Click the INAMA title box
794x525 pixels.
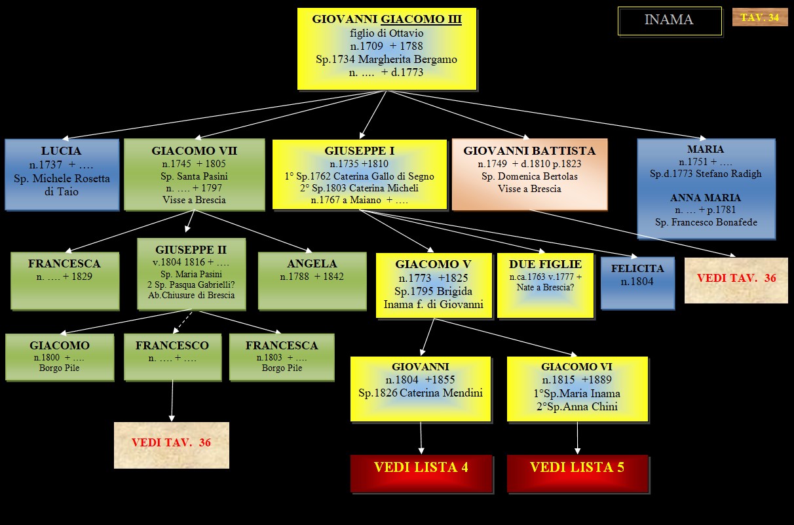[669, 20]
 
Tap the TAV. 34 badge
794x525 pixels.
[759, 18]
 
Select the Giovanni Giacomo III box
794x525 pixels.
[387, 49]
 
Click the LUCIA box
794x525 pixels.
[62, 174]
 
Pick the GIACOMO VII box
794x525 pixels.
[195, 174]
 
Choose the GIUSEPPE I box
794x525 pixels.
[360, 174]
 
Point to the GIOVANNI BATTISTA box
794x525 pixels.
[529, 174]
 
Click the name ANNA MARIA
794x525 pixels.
[706, 197]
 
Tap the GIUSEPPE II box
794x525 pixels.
[191, 273]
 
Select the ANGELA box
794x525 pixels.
[312, 281]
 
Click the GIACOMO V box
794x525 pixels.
[434, 285]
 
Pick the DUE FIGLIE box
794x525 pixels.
[545, 285]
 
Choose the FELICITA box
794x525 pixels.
[637, 282]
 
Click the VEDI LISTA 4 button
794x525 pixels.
[421, 473]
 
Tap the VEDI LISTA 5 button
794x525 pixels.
[577, 473]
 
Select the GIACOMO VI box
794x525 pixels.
[577, 389]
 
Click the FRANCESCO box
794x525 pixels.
[172, 357]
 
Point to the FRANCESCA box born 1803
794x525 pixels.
[282, 357]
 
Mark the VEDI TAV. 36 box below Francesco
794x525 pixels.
[172, 444]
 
